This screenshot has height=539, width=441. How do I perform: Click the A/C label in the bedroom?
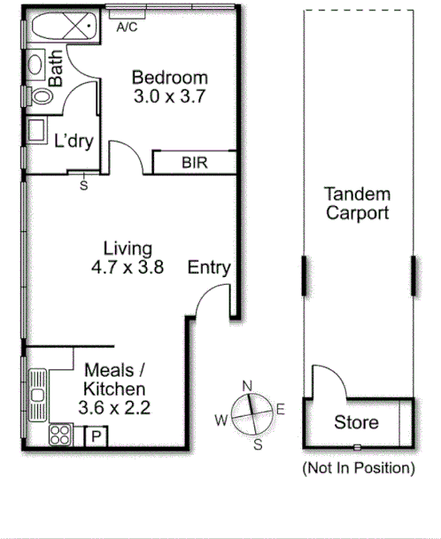tap(128, 27)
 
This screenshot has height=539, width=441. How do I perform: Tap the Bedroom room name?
tap(169, 78)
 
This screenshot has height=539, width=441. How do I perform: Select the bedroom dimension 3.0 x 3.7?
tap(169, 97)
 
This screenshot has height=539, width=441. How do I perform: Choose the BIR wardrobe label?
tap(194, 163)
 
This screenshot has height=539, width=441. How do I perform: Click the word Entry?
tap(209, 267)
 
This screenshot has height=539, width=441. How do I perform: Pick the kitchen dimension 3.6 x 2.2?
tap(113, 408)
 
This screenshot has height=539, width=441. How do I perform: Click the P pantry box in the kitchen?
tap(94, 436)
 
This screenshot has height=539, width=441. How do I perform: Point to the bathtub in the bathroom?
tap(58, 28)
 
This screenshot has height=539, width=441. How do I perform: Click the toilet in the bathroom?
tap(40, 95)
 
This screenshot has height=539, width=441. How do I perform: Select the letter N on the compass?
tap(248, 385)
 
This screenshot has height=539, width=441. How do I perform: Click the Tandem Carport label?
tap(357, 204)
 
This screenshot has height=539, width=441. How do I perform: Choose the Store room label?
tap(355, 423)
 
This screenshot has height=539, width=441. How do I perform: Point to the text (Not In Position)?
tap(358, 466)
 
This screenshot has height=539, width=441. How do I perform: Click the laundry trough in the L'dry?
tap(38, 131)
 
